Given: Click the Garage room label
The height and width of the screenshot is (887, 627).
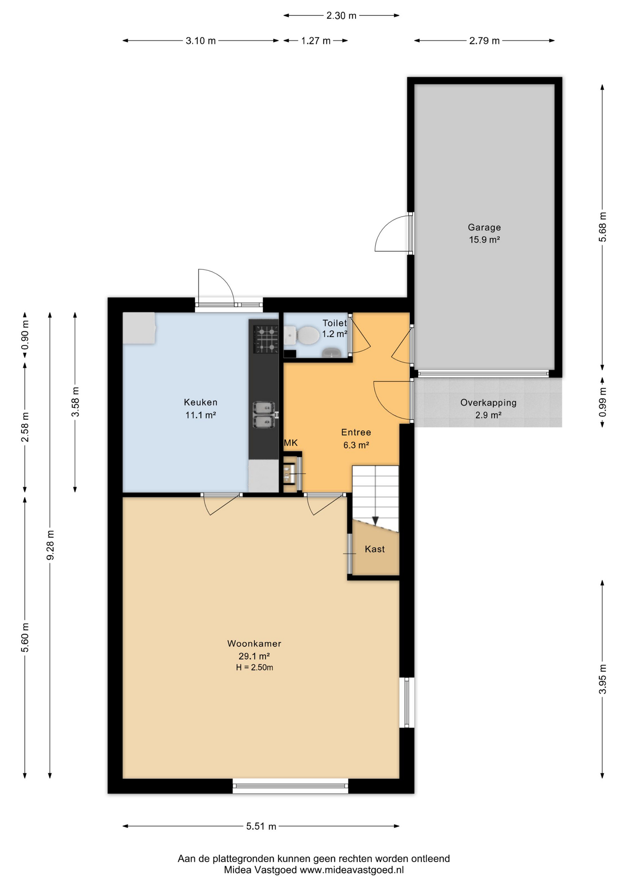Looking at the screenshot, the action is point(484,227).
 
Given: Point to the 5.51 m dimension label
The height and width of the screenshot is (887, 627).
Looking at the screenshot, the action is point(261,826).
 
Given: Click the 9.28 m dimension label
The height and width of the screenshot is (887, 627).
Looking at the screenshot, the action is point(50,545).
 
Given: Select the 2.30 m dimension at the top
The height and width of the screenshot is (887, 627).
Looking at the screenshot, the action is point(341,16).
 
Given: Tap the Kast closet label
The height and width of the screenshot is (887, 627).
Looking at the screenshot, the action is point(374,549).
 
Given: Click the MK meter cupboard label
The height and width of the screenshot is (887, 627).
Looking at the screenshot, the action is point(291,443).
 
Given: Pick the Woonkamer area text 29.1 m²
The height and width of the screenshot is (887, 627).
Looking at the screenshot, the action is point(254,656).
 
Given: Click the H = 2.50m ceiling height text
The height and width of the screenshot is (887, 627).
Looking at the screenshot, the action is point(254,668).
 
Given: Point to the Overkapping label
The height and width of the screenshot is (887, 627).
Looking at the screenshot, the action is point(488,403).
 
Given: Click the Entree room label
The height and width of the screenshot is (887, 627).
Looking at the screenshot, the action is point(356,432).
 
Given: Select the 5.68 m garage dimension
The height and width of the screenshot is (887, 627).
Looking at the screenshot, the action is point(603,227).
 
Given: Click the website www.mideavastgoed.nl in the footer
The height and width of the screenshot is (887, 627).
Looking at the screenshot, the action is point(352,870).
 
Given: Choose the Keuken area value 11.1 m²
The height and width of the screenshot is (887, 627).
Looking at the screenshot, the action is point(200,415).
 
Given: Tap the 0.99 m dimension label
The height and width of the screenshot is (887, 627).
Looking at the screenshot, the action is point(603,401).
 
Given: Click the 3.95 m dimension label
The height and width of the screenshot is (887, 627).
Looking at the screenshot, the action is point(603,679).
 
